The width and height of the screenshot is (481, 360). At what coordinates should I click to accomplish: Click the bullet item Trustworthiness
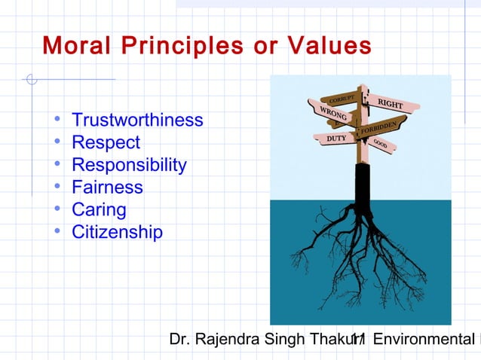pyautogui.click(x=137, y=121)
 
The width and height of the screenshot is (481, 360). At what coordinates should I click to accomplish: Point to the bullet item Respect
pyautogui.click(x=106, y=143)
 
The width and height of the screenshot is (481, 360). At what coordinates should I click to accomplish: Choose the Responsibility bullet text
pyautogui.click(x=129, y=166)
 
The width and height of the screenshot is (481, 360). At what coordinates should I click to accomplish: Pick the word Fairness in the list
pyautogui.click(x=107, y=188)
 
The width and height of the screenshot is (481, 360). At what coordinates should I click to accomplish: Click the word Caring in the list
pyautogui.click(x=99, y=210)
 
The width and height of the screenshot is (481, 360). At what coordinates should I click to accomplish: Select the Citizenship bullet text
pyautogui.click(x=117, y=233)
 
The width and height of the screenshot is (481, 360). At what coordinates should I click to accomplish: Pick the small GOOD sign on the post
pyautogui.click(x=381, y=143)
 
